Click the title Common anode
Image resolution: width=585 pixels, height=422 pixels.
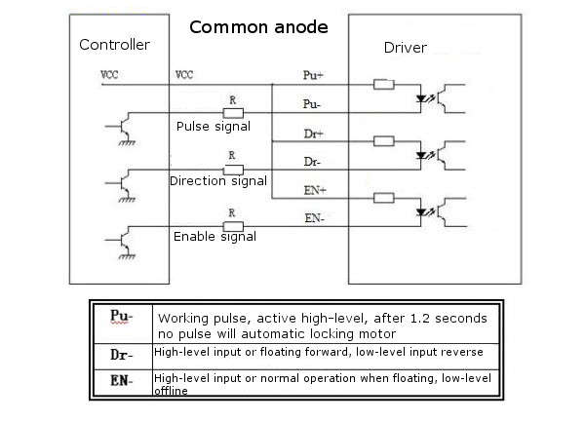pos(258,27)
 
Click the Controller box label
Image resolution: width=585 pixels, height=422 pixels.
pos(114,45)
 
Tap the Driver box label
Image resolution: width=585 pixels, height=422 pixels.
pos(406,48)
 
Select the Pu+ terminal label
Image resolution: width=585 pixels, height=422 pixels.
pos(313,75)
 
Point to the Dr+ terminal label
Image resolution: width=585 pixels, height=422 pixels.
pos(313,134)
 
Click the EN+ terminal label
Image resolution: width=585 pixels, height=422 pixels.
pos(315,190)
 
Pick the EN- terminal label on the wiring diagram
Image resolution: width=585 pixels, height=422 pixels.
pos(315,218)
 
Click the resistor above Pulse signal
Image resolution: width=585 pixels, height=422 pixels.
pos(233,113)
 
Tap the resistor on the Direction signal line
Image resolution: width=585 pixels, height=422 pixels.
pos(233,170)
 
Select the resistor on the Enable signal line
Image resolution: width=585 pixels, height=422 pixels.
pos(233,226)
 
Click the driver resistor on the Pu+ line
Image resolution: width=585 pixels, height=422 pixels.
pos(384,84)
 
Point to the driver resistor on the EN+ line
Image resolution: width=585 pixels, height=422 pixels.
pos(384,198)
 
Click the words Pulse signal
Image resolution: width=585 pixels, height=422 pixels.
pos(214,127)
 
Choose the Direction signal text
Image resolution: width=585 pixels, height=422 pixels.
pos(218,181)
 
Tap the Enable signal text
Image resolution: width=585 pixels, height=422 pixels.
pos(214,237)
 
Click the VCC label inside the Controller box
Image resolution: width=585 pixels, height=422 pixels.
pos(109,75)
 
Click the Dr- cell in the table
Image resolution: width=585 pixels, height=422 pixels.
pos(122,355)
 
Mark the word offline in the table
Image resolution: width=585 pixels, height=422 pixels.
pos(171,391)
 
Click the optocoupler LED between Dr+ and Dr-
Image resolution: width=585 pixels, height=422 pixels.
pos(421,155)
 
